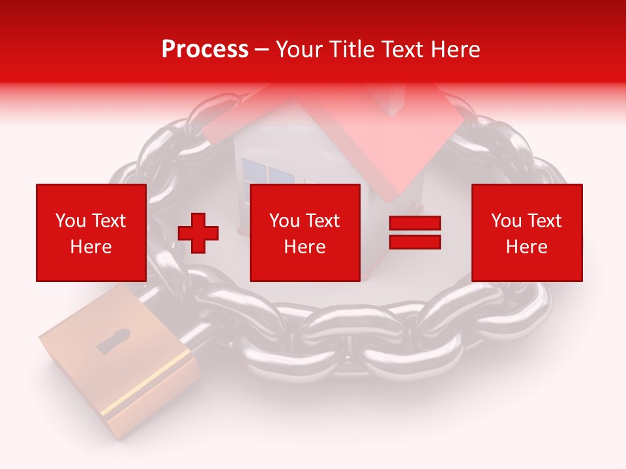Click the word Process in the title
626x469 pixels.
(205, 50)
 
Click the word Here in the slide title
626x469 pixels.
(455, 50)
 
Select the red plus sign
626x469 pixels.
(198, 233)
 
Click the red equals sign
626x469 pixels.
(415, 233)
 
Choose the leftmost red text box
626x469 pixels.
(91, 233)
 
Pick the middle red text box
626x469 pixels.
(305, 233)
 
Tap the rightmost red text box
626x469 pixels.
(526, 233)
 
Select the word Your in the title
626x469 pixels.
(299, 50)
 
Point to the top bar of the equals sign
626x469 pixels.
(415, 223)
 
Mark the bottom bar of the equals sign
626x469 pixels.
(415, 242)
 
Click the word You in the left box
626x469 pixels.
(70, 221)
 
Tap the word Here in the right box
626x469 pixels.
(526, 246)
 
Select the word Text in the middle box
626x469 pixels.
(323, 221)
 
